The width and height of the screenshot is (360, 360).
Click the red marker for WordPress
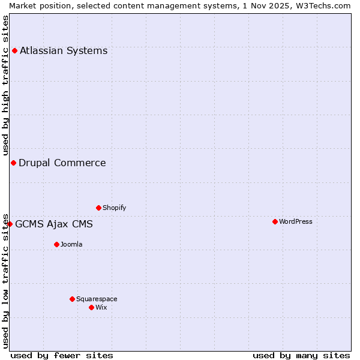pos(275,221)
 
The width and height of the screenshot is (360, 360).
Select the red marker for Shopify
pos(98,208)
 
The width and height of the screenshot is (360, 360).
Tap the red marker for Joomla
pos(56,244)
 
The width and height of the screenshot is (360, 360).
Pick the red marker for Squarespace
pos(72,299)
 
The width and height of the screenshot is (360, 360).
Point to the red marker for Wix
pos(91,307)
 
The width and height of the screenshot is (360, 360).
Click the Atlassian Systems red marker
pos(14,50)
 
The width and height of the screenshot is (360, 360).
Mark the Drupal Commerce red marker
pos(13,163)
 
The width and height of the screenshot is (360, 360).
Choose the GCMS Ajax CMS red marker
pos(10,224)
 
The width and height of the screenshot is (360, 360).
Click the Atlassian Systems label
pos(64,50)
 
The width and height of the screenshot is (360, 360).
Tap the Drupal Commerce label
pos(62,163)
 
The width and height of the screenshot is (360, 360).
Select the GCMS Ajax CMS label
pos(54,224)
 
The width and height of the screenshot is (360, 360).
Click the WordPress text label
pos(296,221)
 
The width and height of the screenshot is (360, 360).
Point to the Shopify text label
pos(115,208)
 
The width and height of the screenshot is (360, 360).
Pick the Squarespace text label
pos(97,299)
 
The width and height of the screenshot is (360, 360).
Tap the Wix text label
pos(101,307)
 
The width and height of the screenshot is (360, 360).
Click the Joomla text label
pos(71,244)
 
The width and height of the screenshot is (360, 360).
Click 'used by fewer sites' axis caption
pos(62,355)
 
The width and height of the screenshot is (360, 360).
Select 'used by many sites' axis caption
pos(301,355)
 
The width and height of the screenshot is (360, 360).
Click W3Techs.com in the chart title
pos(322,5)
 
